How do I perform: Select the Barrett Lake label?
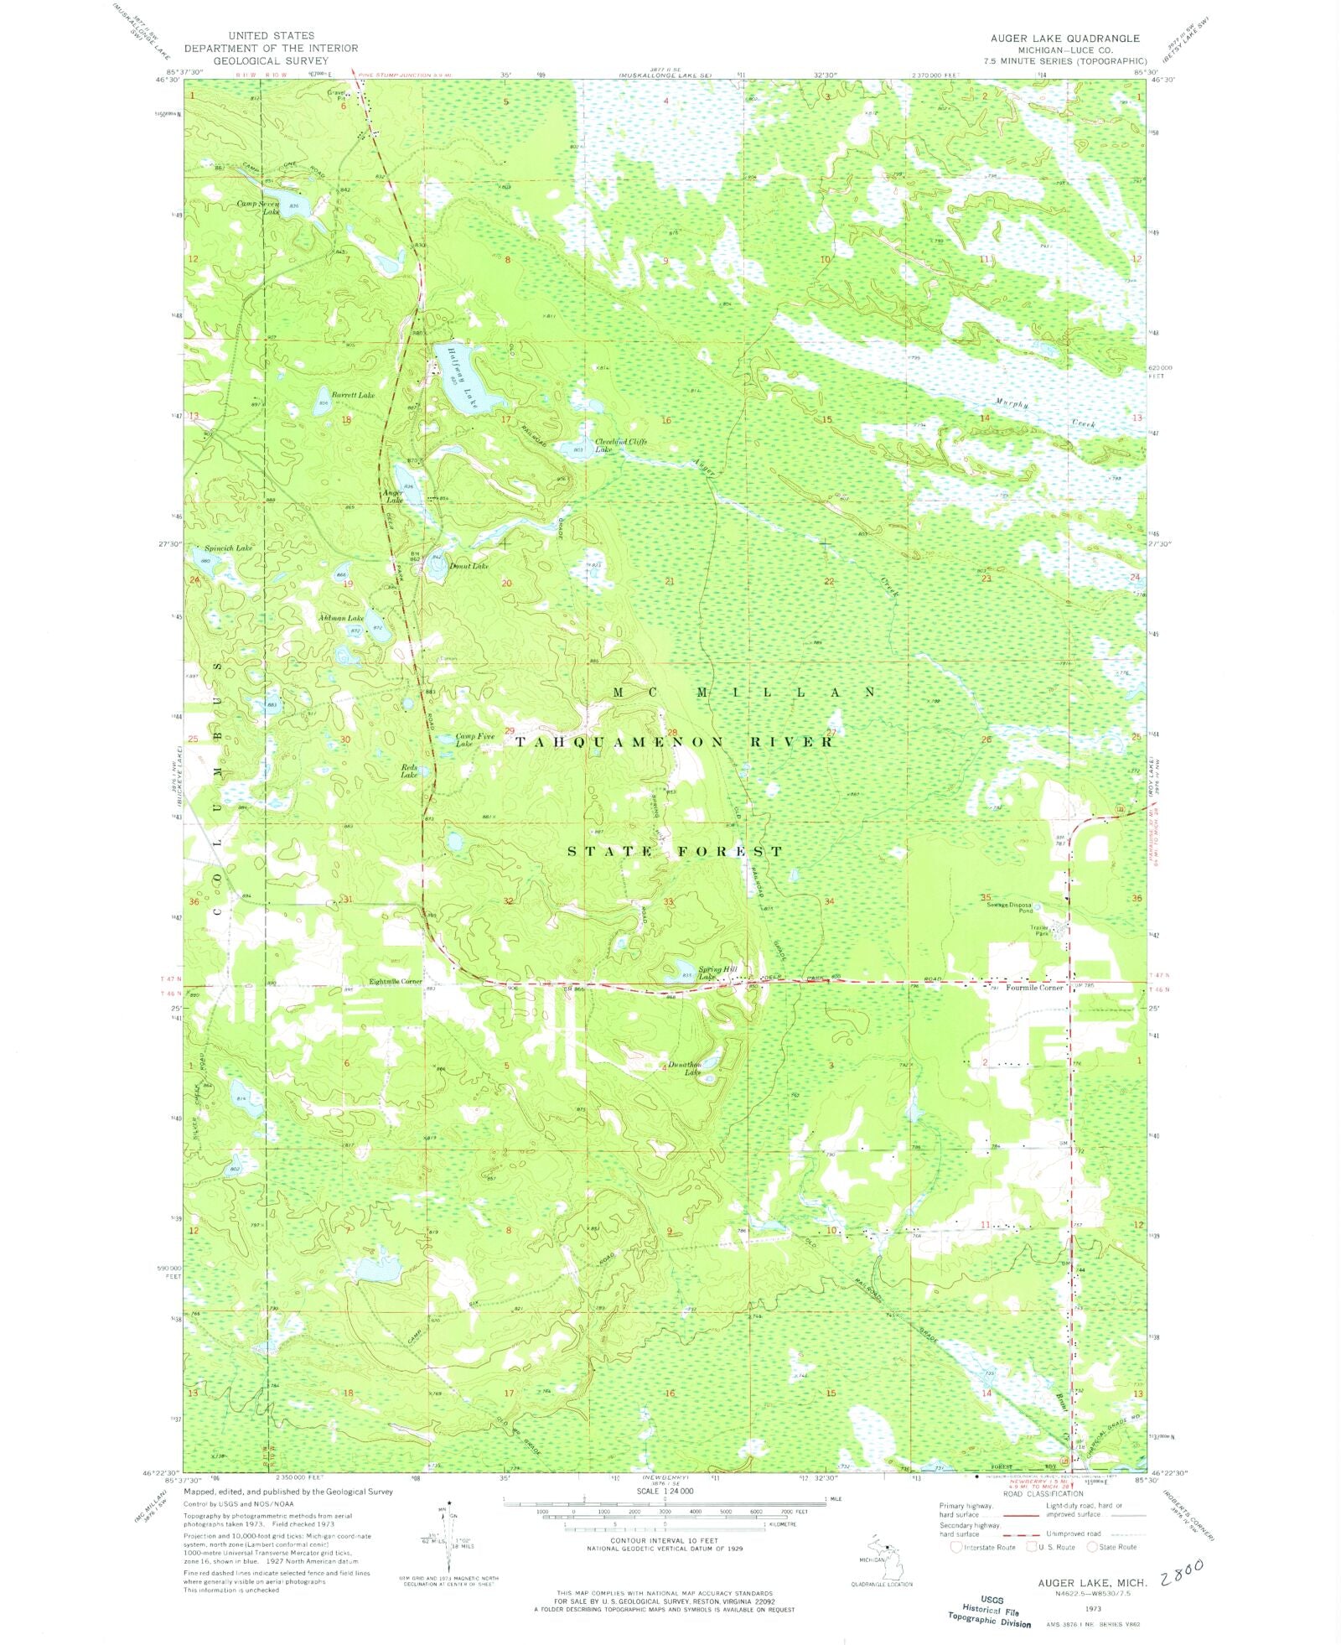(352, 394)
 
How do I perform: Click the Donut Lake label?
(468, 566)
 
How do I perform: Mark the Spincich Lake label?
(228, 547)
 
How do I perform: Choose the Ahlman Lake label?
(340, 618)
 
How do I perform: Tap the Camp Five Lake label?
(474, 739)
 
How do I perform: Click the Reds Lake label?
(409, 771)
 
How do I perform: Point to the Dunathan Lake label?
(684, 1068)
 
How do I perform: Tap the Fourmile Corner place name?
(1034, 988)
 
